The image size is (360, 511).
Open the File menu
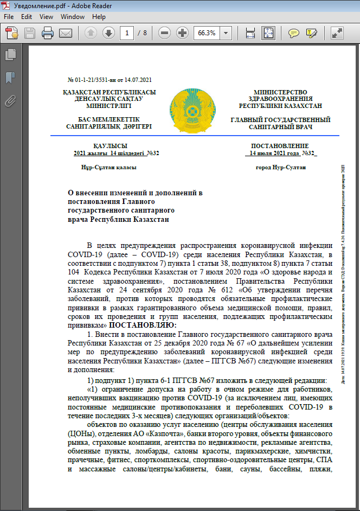pyautogui.click(x=9, y=17)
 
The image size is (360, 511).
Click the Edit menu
pyautogui.click(x=27, y=17)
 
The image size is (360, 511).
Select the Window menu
pyautogui.click(x=72, y=17)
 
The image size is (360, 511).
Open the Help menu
pyautogui.click(x=99, y=17)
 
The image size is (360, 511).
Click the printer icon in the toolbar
pyautogui.click(x=48, y=33)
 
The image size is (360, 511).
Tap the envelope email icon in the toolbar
pyautogui.click(x=66, y=33)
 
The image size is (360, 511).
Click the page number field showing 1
pyautogui.click(x=128, y=33)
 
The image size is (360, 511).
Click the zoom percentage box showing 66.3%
pyautogui.click(x=206, y=33)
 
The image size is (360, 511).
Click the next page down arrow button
pyautogui.click(x=108, y=33)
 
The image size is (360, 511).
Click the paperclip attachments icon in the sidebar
pyautogui.click(x=10, y=100)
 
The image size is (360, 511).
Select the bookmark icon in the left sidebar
pyautogui.click(x=10, y=77)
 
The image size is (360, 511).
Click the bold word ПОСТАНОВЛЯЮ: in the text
pyautogui.click(x=143, y=324)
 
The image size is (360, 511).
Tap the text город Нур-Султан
pyautogui.click(x=280, y=168)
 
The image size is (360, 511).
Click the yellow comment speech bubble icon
pyautogui.click(x=293, y=33)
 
